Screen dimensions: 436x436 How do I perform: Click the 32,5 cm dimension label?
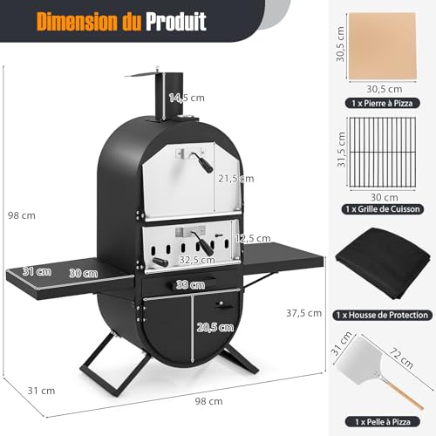(x=196, y=258)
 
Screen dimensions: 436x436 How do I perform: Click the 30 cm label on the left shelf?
(x=83, y=272)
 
